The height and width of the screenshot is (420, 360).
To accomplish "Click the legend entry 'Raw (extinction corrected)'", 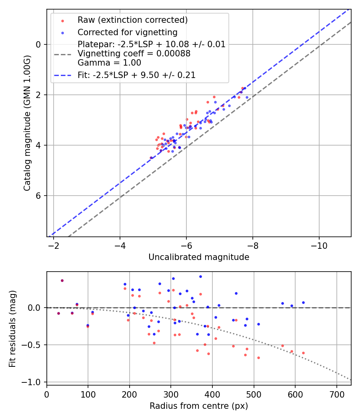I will [132, 20].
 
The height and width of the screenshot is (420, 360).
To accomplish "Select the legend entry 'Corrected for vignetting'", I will [127, 32].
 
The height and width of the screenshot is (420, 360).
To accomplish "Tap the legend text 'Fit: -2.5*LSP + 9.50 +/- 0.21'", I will [136, 75].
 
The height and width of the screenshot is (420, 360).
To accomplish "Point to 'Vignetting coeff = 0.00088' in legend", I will [134, 54].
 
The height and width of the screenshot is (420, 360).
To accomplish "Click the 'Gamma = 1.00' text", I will [109, 63].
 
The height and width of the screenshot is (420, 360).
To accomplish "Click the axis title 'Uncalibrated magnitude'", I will [199, 257].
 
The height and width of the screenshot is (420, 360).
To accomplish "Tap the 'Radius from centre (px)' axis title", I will [199, 406].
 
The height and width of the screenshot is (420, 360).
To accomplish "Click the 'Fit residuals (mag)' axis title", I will [12, 329].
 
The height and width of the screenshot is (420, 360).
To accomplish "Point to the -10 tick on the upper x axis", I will [319, 246].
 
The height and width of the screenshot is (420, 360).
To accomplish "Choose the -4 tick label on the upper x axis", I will [120, 246].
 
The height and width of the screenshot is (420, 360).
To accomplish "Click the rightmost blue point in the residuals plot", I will [303, 302].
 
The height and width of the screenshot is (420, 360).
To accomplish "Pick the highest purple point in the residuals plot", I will [62, 280].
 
